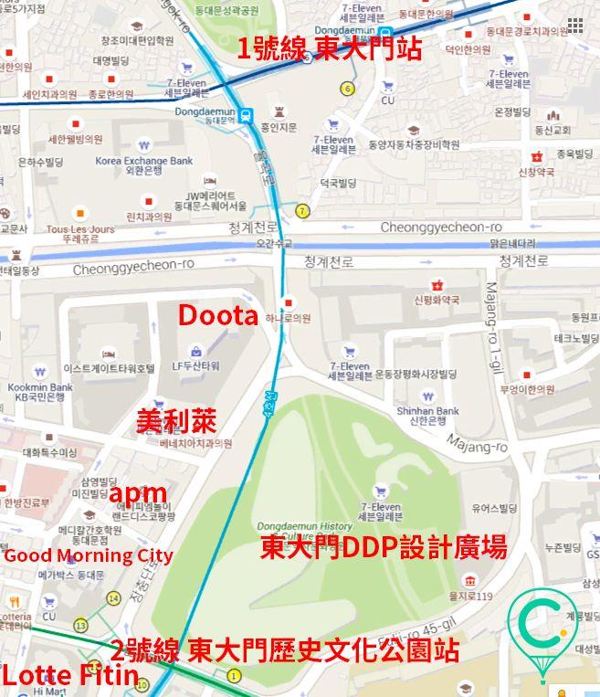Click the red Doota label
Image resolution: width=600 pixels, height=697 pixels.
pos(217,316)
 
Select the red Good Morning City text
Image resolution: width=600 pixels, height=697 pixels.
pos(89,555)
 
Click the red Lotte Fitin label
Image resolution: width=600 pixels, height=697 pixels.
pos(69,677)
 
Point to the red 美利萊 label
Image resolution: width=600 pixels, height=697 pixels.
pos(176,421)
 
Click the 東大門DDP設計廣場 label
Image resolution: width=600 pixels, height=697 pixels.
pos(384,547)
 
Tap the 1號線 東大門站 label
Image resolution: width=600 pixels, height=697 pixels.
pos(330,49)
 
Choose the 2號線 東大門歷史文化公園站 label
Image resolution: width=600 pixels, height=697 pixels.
pos(284,651)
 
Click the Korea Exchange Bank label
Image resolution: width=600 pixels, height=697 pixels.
pos(144,161)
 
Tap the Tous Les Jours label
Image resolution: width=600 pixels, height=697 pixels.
pos(80,228)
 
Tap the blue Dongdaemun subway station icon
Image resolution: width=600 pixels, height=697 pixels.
pos(247,115)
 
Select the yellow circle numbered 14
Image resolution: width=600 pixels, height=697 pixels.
pos(113,598)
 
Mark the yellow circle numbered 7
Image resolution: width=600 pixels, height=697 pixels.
pos(302,211)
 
